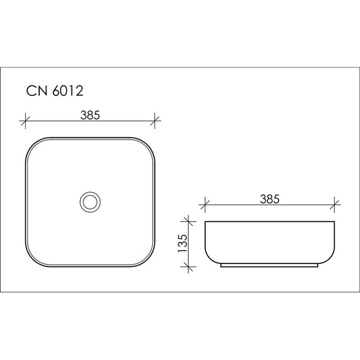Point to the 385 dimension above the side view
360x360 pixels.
click(270, 199)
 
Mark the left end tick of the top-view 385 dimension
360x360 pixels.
click(26, 119)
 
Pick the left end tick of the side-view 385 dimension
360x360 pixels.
click(204, 204)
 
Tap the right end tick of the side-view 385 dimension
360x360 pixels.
click(335, 204)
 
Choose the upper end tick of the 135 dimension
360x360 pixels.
click(187, 222)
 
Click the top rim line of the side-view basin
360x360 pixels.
click(270, 222)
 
